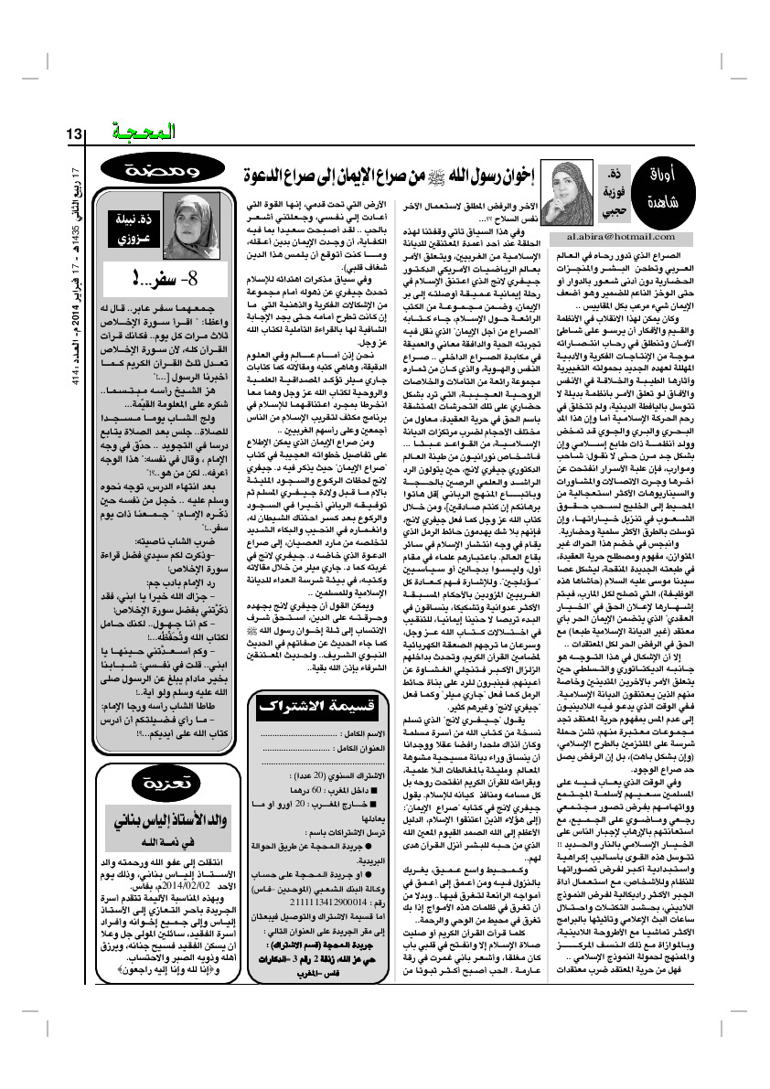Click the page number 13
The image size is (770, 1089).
(75, 134)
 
